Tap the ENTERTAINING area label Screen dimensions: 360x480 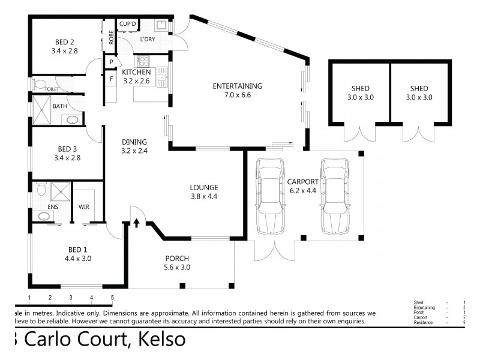(237, 86)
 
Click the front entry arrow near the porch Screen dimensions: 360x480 (136, 223)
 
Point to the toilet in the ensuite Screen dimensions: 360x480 (41, 190)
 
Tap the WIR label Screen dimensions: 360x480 (84, 207)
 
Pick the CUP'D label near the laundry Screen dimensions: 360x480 (128, 24)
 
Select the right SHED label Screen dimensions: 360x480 (418, 88)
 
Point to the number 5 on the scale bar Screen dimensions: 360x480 (112, 298)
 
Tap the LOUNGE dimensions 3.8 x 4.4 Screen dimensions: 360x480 (204, 196)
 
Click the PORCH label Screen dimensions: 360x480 (178, 259)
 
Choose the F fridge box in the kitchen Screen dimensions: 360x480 (112, 77)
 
